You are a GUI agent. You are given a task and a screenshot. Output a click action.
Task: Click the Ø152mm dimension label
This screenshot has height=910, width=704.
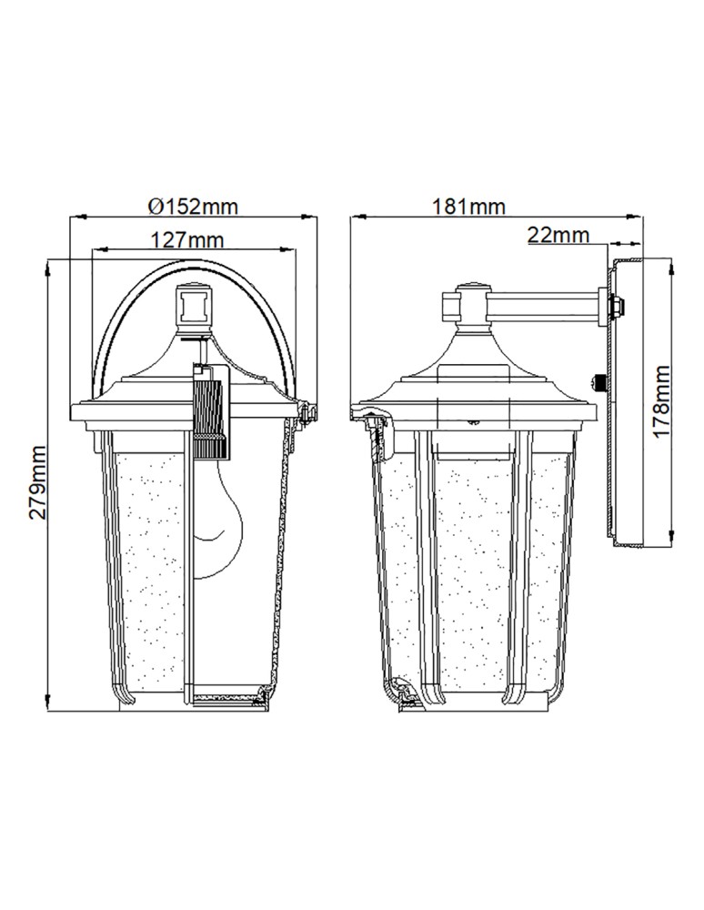pyautogui.click(x=192, y=206)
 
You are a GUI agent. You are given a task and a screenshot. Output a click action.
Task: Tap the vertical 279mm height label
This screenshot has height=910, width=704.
pyautogui.click(x=36, y=482)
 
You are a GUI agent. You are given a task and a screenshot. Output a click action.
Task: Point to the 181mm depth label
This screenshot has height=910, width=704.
pyautogui.click(x=470, y=206)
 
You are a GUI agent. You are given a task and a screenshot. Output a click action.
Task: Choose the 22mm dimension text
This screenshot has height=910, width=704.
pyautogui.click(x=557, y=235)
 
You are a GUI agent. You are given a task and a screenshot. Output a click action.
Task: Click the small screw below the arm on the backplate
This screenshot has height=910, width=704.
pyautogui.click(x=598, y=380)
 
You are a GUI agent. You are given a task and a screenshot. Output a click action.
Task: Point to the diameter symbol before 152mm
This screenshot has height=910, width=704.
pyautogui.click(x=154, y=206)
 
